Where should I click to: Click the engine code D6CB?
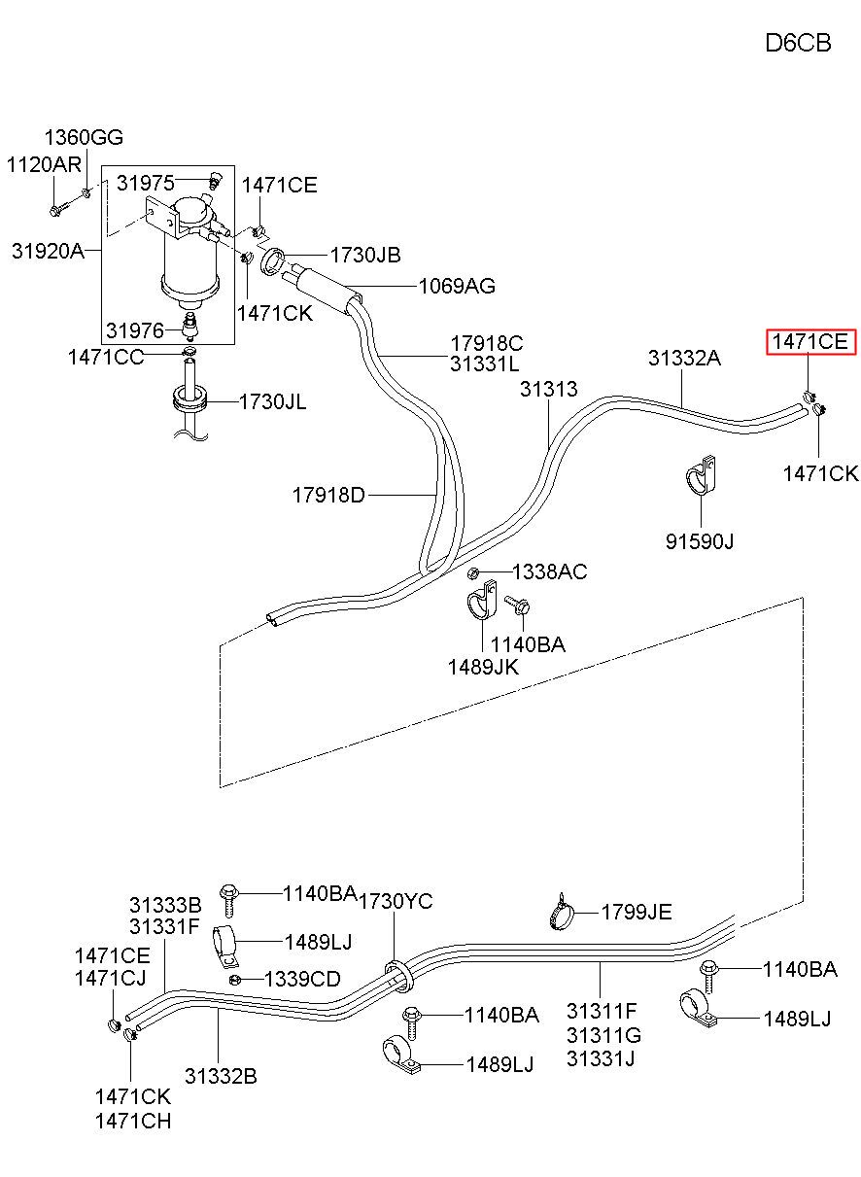798,43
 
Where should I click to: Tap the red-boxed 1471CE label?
810,342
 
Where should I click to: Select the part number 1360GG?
84,138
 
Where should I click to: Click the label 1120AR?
44,165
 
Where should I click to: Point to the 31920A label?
48,251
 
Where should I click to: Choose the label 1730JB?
365,256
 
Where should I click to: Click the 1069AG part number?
457,287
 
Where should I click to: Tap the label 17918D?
328,495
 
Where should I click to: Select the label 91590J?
700,541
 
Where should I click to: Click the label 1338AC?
549,572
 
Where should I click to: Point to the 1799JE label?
637,913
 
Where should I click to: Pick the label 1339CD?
302,979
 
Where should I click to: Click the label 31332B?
221,1077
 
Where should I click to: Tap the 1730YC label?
396,902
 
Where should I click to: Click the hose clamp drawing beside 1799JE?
561,912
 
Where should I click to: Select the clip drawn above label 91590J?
701,475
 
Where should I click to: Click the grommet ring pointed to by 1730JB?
273,261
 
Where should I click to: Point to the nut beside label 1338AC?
472,572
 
